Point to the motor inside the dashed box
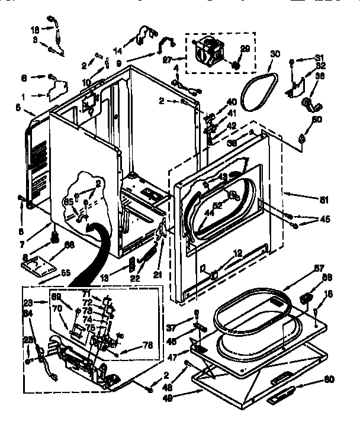pyautogui.click(x=208, y=50)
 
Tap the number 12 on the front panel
pyautogui.click(x=237, y=254)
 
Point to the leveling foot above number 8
pyautogui.click(x=54, y=237)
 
